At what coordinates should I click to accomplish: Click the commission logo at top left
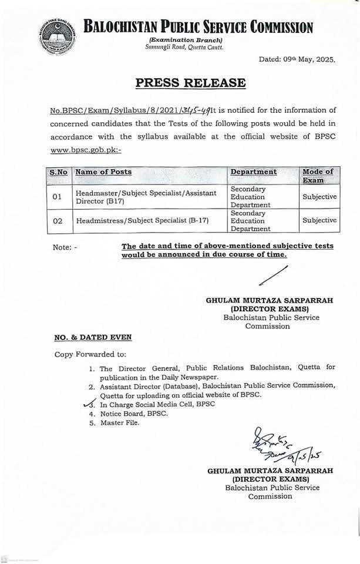pos(56,36)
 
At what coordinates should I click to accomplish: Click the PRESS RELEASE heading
pos(190,83)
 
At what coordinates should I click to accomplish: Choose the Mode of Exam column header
pos(318,176)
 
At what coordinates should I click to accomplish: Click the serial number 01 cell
pos(57,197)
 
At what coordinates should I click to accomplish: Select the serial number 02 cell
pos(57,220)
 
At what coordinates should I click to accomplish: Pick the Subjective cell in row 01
pos(319,197)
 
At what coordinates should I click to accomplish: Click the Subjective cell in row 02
pos(319,220)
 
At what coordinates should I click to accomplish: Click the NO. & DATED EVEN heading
pos(93,337)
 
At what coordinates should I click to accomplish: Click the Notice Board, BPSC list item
pos(134,414)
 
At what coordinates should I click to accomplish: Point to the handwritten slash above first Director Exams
pos(274,277)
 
